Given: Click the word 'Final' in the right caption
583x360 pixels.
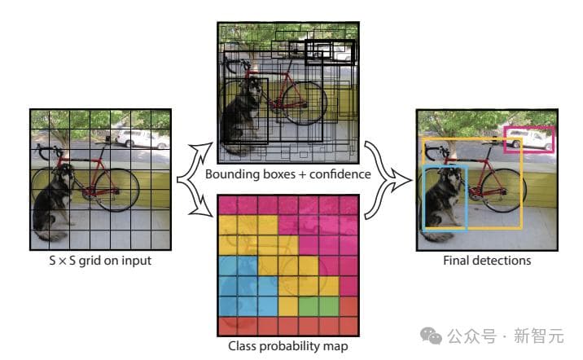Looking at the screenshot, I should coord(458,261).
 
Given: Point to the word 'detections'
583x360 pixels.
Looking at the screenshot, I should coord(502,261).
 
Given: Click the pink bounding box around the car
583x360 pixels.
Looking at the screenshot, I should coord(529,139).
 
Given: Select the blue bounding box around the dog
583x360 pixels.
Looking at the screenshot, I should coord(445,197).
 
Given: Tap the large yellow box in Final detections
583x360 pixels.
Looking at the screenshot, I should coord(520,183).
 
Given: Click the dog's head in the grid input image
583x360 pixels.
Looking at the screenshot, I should coord(64,174).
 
